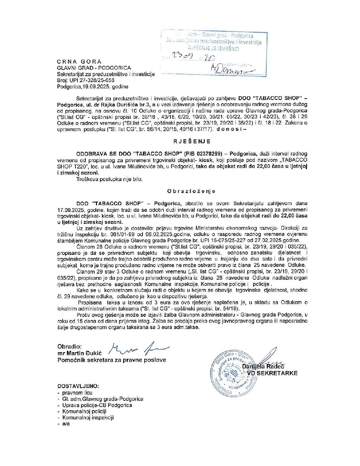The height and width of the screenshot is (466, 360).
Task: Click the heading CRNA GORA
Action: pos(79,62)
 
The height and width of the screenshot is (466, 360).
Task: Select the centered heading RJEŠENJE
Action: pos(192,141)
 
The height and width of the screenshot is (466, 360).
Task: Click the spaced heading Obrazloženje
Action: pos(191,191)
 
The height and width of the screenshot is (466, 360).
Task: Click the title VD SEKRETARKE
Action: pos(272,373)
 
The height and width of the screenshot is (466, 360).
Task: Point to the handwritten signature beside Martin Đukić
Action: pos(139,348)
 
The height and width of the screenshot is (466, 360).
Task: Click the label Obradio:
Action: pos(69,347)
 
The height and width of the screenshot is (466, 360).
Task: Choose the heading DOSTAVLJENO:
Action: pos(78,386)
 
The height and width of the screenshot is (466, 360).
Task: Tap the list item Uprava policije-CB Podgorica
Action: pos(97,405)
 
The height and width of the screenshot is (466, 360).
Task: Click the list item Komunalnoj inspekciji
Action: pos(88,418)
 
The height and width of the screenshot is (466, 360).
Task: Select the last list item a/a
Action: pos(66,424)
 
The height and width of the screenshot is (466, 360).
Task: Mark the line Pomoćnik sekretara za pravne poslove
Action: pos(112,360)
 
